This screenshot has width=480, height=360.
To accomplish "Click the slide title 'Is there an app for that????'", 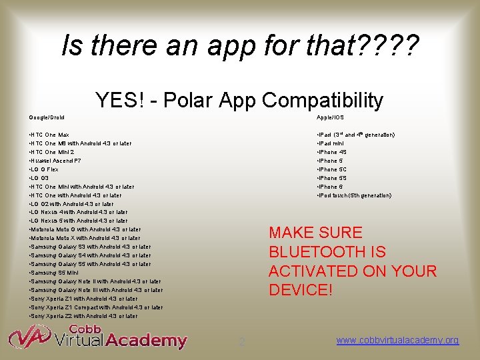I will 240,46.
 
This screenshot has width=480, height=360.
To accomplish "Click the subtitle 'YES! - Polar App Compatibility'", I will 239,100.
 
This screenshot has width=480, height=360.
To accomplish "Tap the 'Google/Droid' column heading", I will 47,117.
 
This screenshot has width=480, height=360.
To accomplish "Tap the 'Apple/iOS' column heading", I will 330,117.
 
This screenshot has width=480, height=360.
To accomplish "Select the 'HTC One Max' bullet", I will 50,135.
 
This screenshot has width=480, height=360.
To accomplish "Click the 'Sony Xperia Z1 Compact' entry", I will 97,307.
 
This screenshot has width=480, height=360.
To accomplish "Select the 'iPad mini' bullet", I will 331,143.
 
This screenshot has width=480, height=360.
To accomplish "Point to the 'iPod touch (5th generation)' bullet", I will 354,195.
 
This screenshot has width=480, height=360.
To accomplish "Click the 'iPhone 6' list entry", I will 331,187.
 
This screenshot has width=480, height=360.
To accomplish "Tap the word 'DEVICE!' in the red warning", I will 300,291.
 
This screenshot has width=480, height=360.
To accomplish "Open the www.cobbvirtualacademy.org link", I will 397,341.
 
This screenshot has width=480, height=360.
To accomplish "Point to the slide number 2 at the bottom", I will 242,342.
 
